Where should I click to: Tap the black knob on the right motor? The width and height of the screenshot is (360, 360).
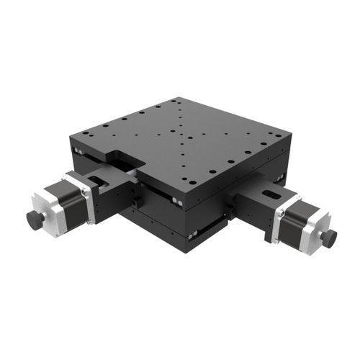(x=330, y=238)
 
